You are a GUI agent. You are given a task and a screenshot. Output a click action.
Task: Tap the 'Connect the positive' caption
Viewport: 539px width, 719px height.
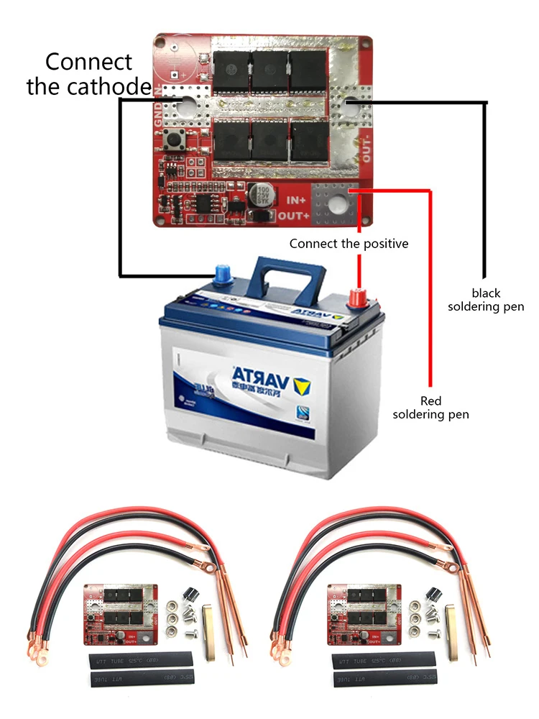coord(349,244)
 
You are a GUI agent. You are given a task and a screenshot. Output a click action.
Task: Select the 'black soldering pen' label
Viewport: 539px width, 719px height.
coord(486,300)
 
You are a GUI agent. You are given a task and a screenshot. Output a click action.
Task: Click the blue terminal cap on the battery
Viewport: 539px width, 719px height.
coord(218,273)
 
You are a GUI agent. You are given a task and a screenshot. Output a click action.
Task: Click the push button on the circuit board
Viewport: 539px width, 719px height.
coord(173,141)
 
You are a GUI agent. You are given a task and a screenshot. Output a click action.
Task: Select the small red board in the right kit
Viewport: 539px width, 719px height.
coord(355,610)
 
